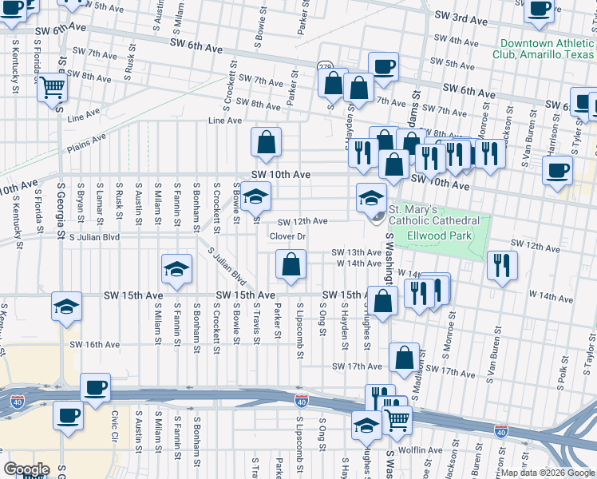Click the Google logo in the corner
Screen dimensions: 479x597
[26, 469]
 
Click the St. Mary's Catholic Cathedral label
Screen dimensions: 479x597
[433, 215]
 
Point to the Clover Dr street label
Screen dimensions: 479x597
[287, 236]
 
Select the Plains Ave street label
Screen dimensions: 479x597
[86, 143]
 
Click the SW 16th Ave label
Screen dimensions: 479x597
[94, 345]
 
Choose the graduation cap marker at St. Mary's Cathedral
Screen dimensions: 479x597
[371, 197]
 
